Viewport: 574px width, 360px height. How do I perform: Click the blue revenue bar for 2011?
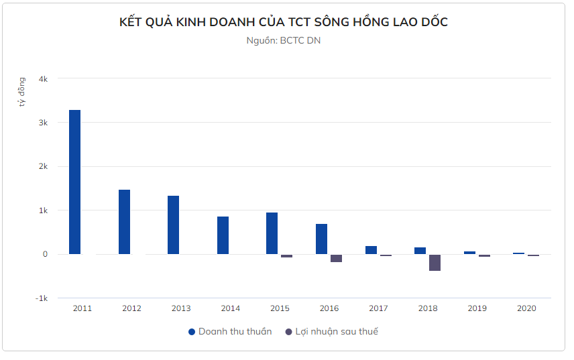pyautogui.click(x=74, y=182)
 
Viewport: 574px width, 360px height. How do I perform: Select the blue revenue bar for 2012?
pyautogui.click(x=124, y=222)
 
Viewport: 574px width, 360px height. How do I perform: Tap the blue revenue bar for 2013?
pyautogui.click(x=173, y=225)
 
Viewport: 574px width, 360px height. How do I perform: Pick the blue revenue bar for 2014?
pyautogui.click(x=223, y=235)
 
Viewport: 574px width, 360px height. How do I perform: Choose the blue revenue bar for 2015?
pyautogui.click(x=272, y=233)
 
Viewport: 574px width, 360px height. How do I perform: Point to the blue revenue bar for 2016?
pyautogui.click(x=321, y=239)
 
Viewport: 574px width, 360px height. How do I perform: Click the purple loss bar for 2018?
pyautogui.click(x=435, y=262)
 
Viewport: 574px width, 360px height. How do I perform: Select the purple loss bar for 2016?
pyautogui.click(x=336, y=258)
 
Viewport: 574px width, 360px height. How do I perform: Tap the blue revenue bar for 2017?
pyautogui.click(x=371, y=250)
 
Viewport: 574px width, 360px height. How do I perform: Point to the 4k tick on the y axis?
pyautogui.click(x=43, y=79)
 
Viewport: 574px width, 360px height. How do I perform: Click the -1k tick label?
pyautogui.click(x=42, y=298)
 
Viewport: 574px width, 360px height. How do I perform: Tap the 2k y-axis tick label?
pyautogui.click(x=43, y=166)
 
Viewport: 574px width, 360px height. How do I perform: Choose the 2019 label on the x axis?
pyautogui.click(x=477, y=308)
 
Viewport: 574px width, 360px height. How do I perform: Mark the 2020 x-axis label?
pyautogui.click(x=526, y=308)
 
